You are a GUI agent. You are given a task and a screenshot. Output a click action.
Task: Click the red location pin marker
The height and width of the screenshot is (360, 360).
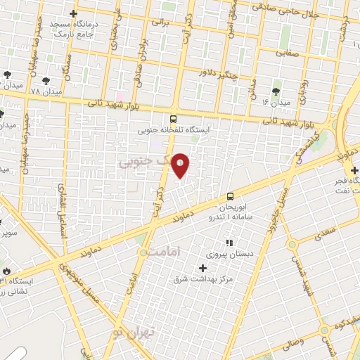tap(181, 165)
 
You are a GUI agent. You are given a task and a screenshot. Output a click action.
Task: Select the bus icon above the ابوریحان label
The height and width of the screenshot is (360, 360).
tap(230, 198)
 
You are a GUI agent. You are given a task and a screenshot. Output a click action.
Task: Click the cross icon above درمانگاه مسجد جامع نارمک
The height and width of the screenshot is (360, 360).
tap(74, 13)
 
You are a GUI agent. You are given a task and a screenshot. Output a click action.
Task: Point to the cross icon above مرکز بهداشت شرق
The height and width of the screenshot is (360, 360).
tap(203, 267)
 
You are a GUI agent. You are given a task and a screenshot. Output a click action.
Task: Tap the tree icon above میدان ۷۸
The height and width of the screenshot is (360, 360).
tap(46, 81)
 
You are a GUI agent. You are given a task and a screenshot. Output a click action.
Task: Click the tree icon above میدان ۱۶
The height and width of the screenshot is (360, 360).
tap(276, 91)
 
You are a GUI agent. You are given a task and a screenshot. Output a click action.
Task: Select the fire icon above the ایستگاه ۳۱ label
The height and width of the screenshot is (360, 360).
tap(6, 270)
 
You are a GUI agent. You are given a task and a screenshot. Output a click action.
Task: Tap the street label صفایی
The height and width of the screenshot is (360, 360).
tap(288, 51)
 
